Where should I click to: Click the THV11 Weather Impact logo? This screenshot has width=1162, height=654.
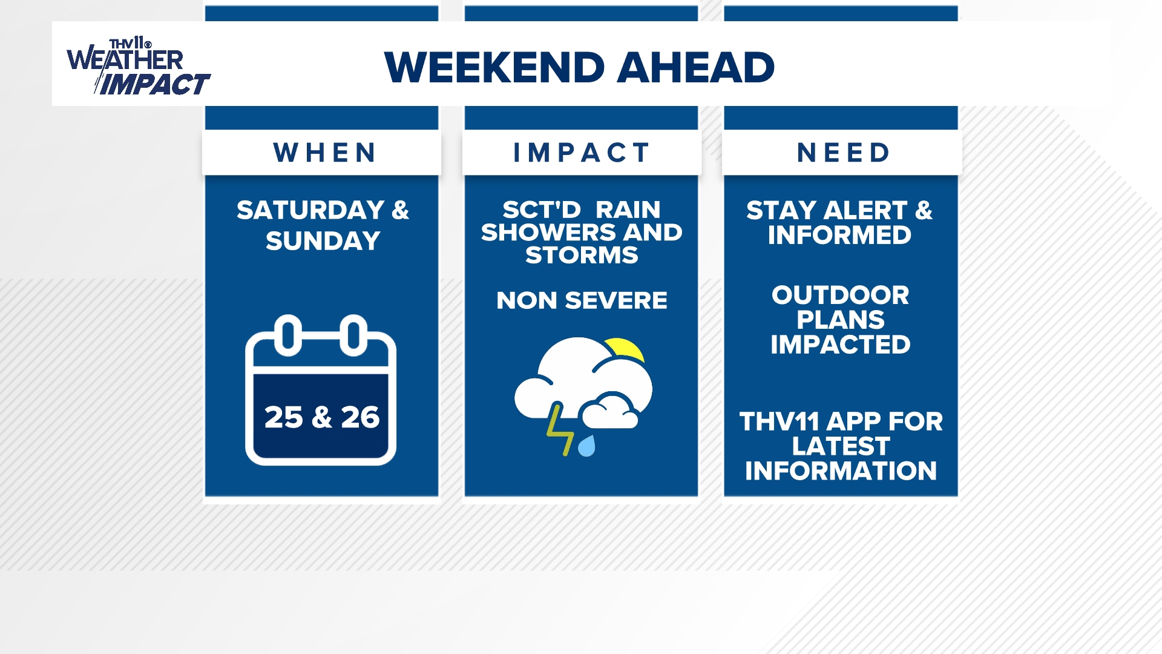138,67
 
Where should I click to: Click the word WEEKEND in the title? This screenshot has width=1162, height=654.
494,67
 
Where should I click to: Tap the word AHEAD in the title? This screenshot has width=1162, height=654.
696,67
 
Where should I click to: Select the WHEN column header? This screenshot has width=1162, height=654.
325,153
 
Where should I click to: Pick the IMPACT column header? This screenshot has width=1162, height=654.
582,153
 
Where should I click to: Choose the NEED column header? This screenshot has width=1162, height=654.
844,153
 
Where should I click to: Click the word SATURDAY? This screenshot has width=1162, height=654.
310,211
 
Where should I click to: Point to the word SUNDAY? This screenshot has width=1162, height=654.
323,241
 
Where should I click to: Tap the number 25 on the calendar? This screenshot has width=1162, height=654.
283,417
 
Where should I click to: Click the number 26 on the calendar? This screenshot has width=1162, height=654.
360,417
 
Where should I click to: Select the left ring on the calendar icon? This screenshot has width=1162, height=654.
288,335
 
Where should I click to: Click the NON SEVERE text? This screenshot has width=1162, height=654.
582,300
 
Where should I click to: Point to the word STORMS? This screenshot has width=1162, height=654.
582,256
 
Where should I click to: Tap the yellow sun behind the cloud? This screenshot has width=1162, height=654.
626,349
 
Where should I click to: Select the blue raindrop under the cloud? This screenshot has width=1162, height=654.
586,446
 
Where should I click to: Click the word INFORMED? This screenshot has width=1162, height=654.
839,235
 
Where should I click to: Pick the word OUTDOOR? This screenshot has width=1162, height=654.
840,296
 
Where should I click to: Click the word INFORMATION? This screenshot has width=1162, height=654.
841,471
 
